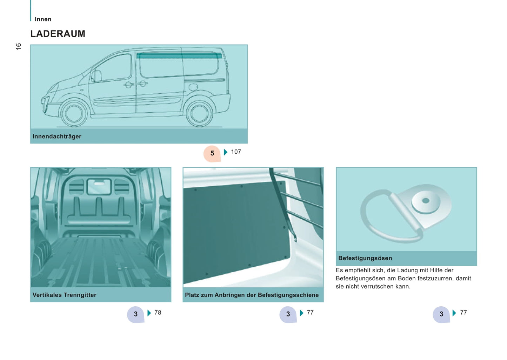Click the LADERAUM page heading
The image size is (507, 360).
(x=58, y=34)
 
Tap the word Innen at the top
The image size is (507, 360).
(x=43, y=19)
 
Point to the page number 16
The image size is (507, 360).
(x=18, y=46)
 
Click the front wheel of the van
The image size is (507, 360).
(x=74, y=113)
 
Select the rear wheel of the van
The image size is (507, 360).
(x=199, y=113)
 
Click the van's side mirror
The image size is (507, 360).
(x=96, y=76)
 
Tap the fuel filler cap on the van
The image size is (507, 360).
(x=193, y=87)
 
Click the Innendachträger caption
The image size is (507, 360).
(x=57, y=136)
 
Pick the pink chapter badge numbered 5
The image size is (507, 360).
(x=212, y=154)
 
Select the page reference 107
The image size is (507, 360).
(x=236, y=152)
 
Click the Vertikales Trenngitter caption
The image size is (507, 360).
(x=64, y=295)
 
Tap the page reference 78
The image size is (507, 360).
(x=158, y=312)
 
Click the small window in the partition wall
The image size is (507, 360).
(x=99, y=187)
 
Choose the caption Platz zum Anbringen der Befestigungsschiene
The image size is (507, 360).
(x=252, y=295)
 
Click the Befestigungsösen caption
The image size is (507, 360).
(x=365, y=258)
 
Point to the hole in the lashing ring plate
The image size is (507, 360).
(x=426, y=201)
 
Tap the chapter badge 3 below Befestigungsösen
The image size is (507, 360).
(x=441, y=314)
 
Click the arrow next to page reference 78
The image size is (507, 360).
(x=149, y=313)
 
